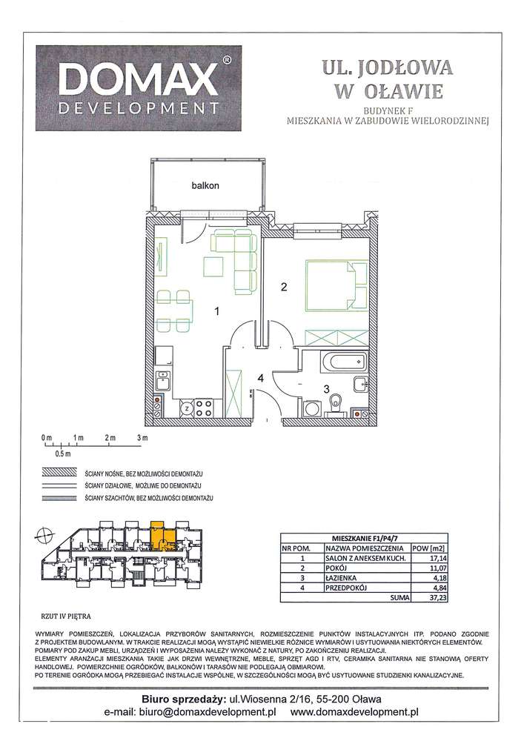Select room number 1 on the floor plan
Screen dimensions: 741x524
(x=217, y=313)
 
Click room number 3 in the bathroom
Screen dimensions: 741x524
(x=324, y=388)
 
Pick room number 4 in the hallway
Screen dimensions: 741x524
(x=260, y=379)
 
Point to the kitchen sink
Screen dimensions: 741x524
(x=164, y=384)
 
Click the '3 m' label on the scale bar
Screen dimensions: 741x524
(x=142, y=438)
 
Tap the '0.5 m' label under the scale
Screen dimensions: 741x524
(x=62, y=453)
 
